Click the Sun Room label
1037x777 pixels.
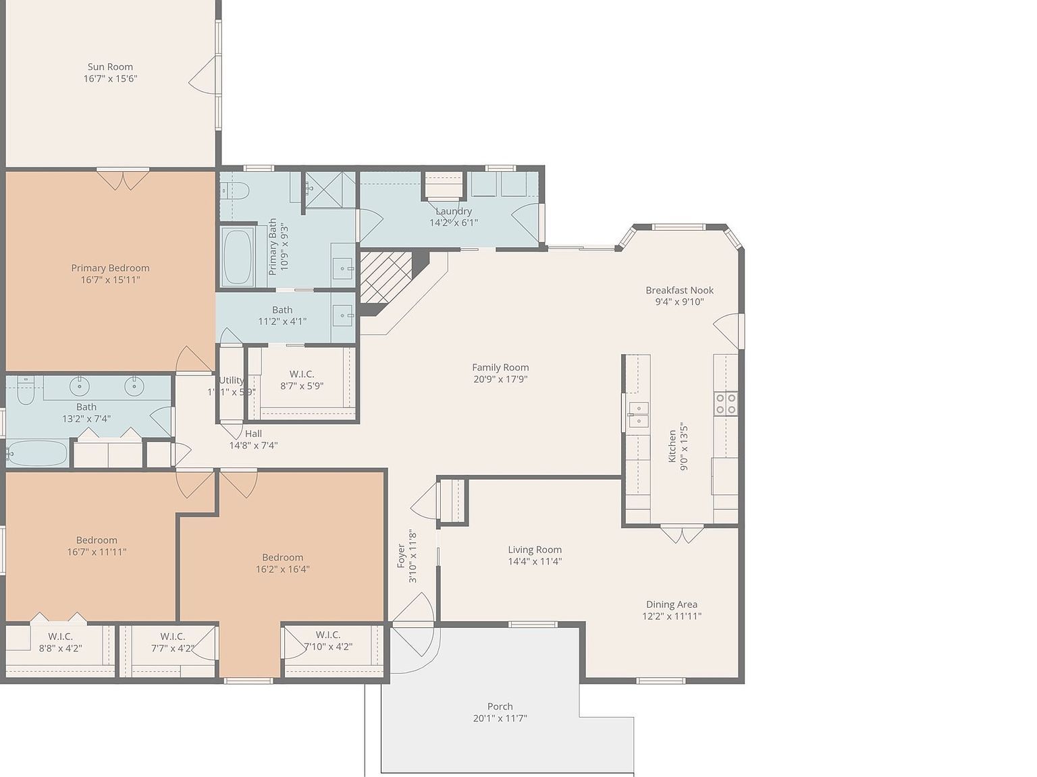pyautogui.click(x=110, y=67)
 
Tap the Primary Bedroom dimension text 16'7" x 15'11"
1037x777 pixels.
pyautogui.click(x=110, y=280)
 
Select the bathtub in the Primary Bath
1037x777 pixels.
pyautogui.click(x=237, y=257)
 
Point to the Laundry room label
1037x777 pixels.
pyautogui.click(x=454, y=211)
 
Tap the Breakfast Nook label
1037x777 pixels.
pyautogui.click(x=679, y=290)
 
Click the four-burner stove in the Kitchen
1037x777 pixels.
pyautogui.click(x=726, y=403)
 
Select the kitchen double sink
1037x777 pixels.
pyautogui.click(x=638, y=414)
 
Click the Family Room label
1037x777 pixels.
pyautogui.click(x=500, y=368)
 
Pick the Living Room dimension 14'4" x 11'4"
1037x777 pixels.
pyautogui.click(x=535, y=561)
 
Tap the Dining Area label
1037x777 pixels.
pyautogui.click(x=671, y=604)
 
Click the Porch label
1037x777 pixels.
pyautogui.click(x=500, y=706)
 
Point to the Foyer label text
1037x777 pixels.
pyautogui.click(x=401, y=556)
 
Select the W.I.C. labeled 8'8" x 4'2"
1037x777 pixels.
pyautogui.click(x=60, y=642)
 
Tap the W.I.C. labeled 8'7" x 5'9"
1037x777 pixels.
pyautogui.click(x=302, y=380)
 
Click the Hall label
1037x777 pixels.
pyautogui.click(x=253, y=434)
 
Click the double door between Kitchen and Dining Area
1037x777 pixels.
pyautogui.click(x=682, y=534)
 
